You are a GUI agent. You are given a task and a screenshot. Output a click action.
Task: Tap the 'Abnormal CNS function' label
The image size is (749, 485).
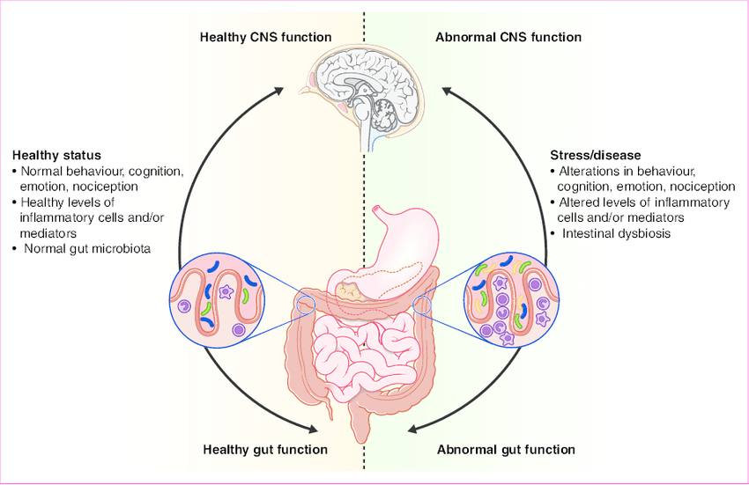tap(508, 37)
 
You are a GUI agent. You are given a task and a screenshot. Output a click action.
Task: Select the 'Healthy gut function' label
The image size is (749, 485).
tap(265, 450)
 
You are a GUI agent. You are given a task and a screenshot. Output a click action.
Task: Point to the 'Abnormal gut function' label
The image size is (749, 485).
tap(507, 450)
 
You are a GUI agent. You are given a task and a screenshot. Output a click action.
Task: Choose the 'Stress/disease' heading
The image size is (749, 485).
tap(588, 155)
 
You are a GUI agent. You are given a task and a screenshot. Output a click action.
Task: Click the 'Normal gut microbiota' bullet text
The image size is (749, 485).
tap(88, 249)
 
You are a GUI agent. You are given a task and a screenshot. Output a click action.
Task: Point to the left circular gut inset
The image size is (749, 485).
tap(217, 298)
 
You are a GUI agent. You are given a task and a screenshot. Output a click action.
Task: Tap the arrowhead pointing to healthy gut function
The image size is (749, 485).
tap(310, 429)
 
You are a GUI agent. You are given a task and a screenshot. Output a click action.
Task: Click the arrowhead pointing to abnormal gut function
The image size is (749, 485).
tap(416, 429)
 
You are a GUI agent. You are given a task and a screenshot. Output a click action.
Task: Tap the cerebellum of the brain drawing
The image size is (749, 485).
tap(389, 111)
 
